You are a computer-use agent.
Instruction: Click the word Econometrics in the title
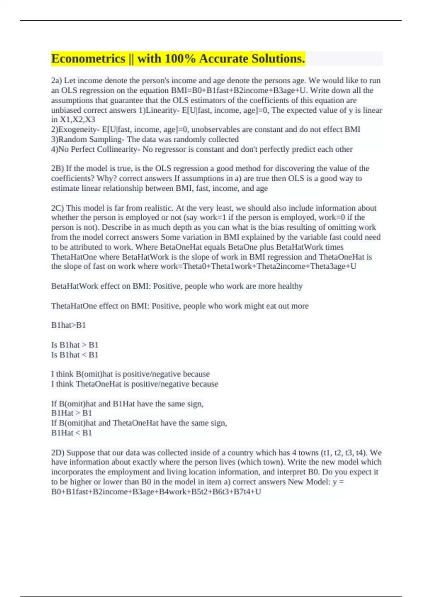coord(88,59)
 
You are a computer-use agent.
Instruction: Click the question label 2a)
coord(56,81)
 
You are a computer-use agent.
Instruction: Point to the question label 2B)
coord(57,169)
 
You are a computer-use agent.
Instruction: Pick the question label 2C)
coord(57,208)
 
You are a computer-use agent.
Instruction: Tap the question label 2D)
coord(58,453)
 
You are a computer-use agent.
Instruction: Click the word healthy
coord(290,286)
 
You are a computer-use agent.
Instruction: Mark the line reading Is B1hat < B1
coord(75,355)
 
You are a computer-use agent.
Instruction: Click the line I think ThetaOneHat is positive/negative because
coord(135,384)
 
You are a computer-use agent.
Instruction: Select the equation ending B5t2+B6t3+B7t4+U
coord(156,492)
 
